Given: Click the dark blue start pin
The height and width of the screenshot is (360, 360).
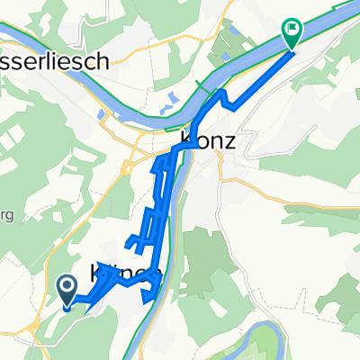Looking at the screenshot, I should point(67,287).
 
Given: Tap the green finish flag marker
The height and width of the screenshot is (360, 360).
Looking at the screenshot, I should point(292,31).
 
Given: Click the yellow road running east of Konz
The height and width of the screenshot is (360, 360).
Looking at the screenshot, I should point(270,180).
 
